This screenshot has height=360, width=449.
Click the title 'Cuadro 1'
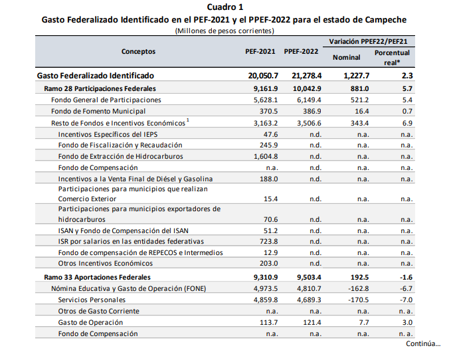coord(224,7)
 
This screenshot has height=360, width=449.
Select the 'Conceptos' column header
coord(138,52)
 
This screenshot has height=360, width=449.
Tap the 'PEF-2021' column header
coord(260,52)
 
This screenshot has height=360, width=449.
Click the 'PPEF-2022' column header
coord(301,52)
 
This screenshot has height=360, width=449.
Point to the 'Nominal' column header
coord(347,58)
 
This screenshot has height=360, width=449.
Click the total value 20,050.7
coord(263,76)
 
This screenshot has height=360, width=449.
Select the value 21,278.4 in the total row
coord(307,76)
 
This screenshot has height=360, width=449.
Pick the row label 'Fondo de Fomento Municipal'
coord(98,111)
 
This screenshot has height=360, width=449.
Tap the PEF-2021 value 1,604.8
coord(266,156)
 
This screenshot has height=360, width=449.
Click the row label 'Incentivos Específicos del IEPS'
coord(108,134)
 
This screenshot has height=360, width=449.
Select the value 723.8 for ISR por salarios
coord(268,241)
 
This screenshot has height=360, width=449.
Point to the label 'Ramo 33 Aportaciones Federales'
coord(98,277)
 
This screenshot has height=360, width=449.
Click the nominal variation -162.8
coord(359,288)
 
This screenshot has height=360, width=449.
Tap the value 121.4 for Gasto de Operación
coord(312,323)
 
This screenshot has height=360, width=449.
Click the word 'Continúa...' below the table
coord(423,343)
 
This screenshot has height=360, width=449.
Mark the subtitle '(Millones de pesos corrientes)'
coord(224,31)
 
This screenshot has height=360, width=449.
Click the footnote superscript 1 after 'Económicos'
coord(188,120)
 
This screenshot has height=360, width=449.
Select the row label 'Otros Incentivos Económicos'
coord(106,264)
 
